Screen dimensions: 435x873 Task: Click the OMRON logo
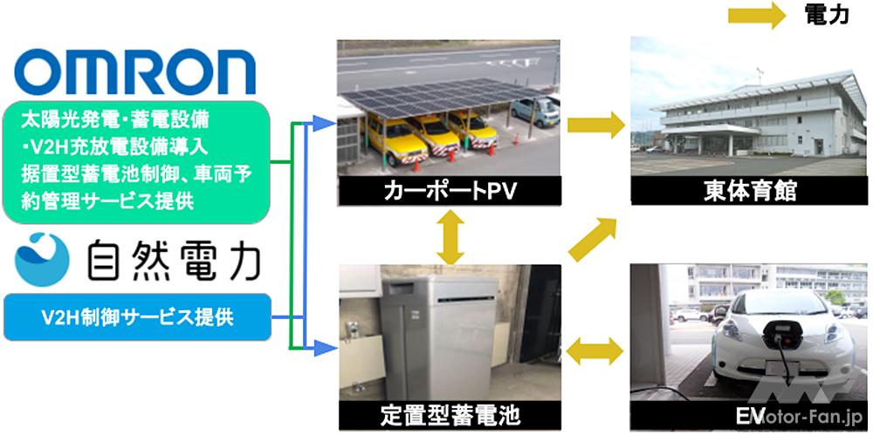point(135,71)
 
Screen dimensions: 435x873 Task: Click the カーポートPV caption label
point(449,190)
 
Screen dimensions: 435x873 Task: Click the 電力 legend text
point(825,15)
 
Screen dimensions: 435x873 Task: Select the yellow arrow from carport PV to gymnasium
point(595,126)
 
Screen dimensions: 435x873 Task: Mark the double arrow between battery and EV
point(596,352)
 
